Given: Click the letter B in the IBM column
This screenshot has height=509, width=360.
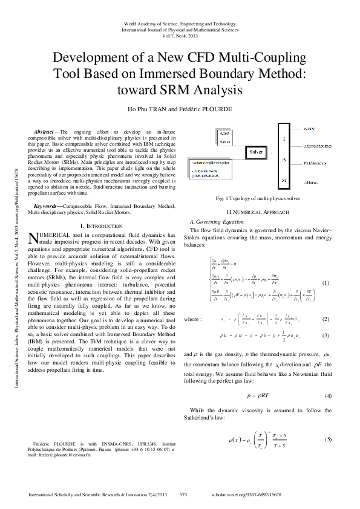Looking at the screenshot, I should pyautogui.click(x=283, y=160).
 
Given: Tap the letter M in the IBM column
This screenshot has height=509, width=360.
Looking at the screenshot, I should pyautogui.click(x=283, y=181).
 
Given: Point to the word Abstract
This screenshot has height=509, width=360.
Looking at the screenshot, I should pyautogui.click(x=44, y=131).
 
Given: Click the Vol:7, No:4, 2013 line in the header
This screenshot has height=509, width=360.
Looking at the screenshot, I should pyautogui.click(x=180, y=35).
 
